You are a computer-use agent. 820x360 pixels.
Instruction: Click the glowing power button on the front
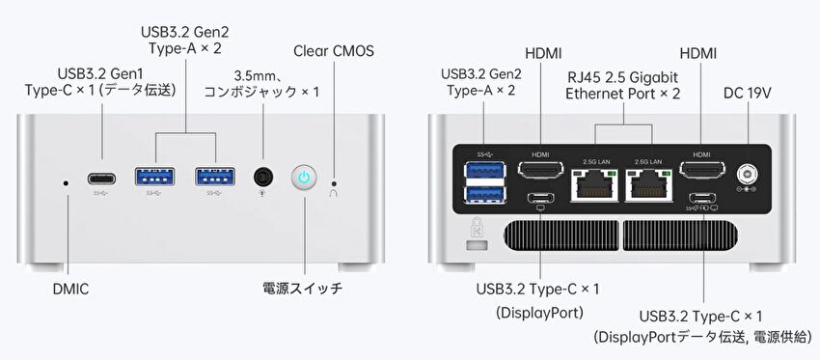coord(304,178)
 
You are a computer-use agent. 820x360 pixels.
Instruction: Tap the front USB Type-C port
coord(101,179)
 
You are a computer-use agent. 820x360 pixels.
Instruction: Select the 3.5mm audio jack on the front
coord(263,177)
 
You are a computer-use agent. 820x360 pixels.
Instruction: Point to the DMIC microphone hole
coord(66,183)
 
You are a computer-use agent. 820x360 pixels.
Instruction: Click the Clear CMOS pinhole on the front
coord(334,183)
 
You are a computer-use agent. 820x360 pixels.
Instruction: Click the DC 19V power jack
coord(747,173)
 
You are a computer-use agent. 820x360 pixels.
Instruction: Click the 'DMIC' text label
coord(70,290)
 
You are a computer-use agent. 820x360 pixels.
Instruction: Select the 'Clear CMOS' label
coord(334,51)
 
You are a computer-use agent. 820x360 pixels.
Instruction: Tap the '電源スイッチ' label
coord(303,288)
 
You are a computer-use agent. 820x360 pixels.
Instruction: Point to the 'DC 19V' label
coord(748,93)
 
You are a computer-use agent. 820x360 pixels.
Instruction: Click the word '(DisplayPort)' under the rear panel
coord(539,313)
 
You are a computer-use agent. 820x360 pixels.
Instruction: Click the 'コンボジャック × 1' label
coord(261,92)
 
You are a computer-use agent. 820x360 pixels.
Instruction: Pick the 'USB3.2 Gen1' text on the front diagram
coord(100,72)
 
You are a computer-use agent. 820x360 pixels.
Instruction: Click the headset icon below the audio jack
coord(263,193)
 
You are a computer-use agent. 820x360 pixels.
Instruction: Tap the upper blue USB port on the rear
coord(485,170)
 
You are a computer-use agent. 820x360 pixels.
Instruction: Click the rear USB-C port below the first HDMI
coord(541,198)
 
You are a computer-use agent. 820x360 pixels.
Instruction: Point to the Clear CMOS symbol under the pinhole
coord(334,193)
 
